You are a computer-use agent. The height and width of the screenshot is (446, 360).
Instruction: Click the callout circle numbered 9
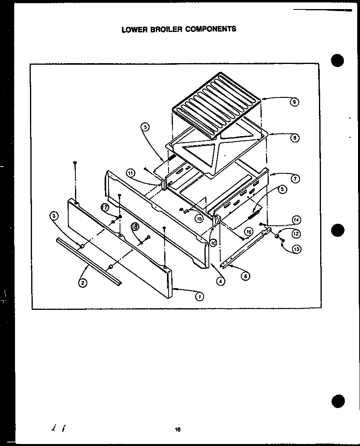294,102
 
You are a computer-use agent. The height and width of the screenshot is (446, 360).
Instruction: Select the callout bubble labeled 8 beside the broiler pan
294,138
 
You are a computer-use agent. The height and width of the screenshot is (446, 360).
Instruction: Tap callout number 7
294,179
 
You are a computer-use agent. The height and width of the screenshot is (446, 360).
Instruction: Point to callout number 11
131,172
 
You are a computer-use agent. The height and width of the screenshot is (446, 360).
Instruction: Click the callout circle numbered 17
105,207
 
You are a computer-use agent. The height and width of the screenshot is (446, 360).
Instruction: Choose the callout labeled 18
135,227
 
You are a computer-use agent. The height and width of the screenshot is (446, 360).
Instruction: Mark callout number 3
54,216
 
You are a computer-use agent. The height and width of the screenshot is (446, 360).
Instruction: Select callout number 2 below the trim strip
83,283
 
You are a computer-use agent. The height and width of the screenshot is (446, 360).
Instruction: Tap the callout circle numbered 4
221,281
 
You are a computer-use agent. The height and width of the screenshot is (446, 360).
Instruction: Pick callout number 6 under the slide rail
246,276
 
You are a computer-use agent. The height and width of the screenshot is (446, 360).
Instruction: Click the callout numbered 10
213,243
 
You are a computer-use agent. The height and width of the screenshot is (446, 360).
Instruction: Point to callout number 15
199,218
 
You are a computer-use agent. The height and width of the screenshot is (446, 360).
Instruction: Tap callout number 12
296,234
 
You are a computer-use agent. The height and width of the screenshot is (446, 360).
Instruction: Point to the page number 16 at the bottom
178,429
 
